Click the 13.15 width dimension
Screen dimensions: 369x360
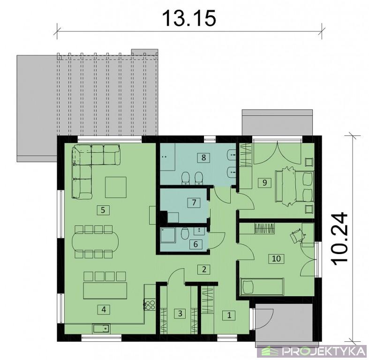click(189, 18)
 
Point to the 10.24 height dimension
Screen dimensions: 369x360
click(339, 239)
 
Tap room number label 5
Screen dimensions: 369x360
click(103, 210)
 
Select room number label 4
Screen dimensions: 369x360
click(104, 309)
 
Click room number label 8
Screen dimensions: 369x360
click(203, 157)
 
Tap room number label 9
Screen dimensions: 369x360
click(264, 183)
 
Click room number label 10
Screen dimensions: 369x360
click(276, 259)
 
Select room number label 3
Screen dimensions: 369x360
click(180, 314)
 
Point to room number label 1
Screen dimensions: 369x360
click(229, 315)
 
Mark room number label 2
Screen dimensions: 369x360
click(204, 269)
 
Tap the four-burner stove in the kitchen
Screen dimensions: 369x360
click(150, 305)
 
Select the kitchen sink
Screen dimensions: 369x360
click(102, 328)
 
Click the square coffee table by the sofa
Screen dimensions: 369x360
click(115, 187)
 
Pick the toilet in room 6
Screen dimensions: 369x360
click(185, 234)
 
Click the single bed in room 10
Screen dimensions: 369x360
click(262, 286)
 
